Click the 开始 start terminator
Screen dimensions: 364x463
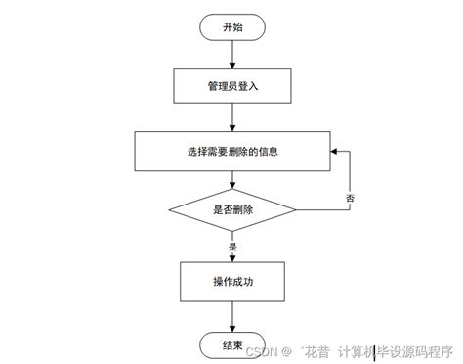tap(231, 27)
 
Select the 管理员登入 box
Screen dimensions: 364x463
tap(231, 85)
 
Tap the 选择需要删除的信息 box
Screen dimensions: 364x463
tap(231, 152)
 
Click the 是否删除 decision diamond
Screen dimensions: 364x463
tap(231, 208)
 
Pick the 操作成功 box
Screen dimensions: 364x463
tap(231, 282)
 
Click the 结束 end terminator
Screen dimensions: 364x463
tap(231, 344)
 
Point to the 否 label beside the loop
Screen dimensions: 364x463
tap(351, 199)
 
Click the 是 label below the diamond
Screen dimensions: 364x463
tap(232, 247)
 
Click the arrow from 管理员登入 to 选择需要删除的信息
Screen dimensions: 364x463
tap(231, 118)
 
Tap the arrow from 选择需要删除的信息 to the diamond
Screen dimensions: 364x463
tap(231, 179)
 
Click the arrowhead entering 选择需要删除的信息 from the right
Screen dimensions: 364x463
tap(334, 152)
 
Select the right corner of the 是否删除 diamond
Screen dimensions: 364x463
tap(295, 208)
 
